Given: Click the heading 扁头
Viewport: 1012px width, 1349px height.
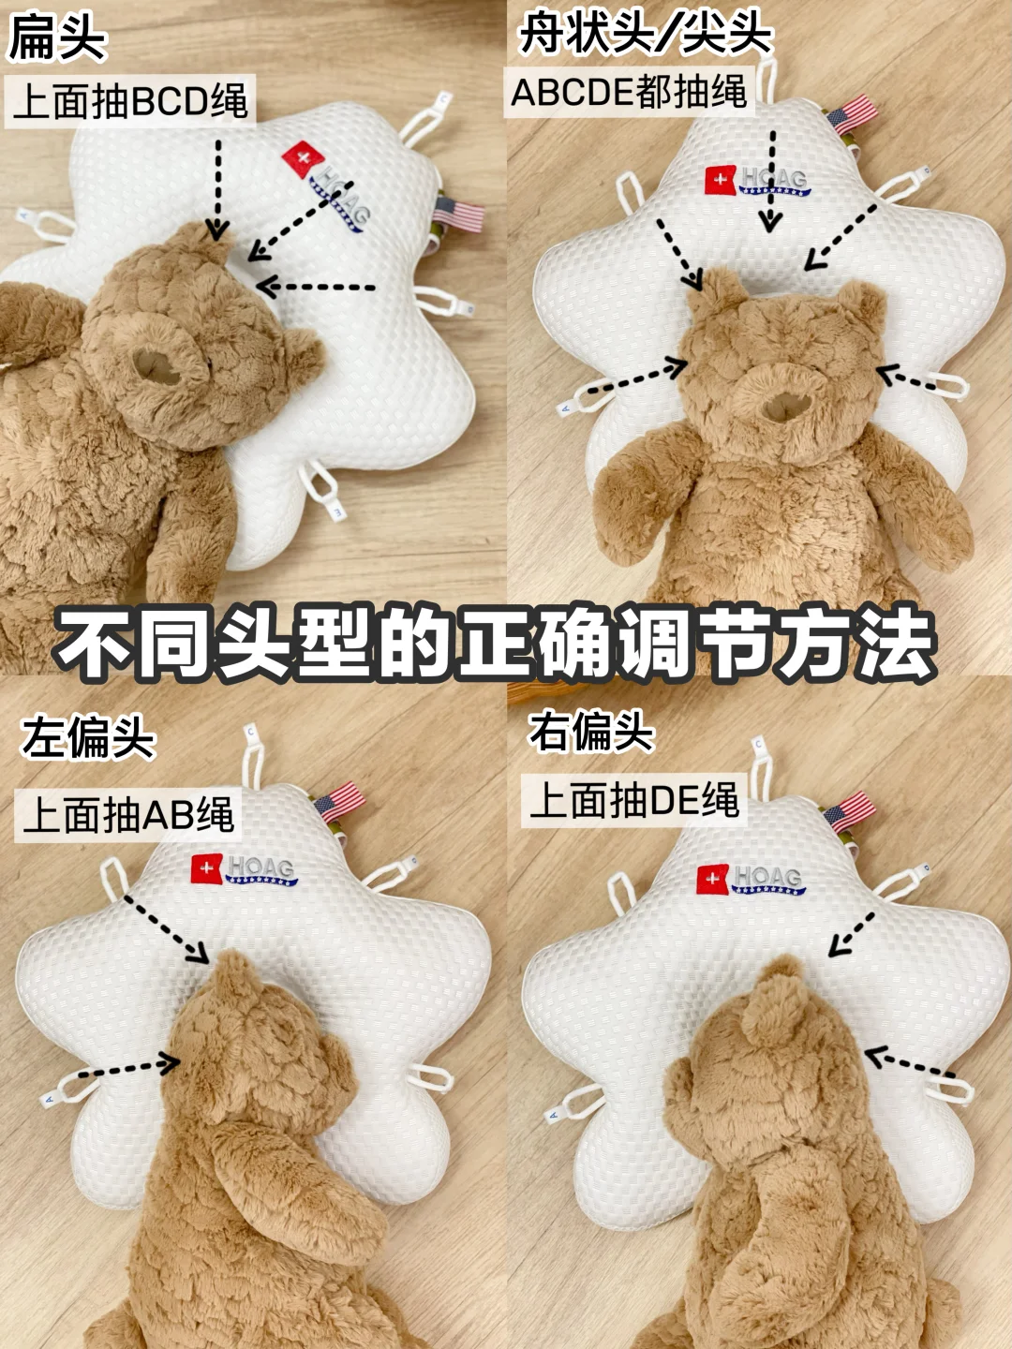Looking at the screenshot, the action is tap(57, 39).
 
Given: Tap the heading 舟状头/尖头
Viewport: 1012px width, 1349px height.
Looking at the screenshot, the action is tap(645, 34).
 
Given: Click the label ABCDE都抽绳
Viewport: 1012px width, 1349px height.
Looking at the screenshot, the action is tap(629, 92).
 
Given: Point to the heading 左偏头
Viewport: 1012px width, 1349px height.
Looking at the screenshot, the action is tap(87, 738).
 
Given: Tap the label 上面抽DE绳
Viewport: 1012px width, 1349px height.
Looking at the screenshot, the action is tap(633, 800).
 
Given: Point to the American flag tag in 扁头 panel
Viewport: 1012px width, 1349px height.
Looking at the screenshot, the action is tap(459, 215).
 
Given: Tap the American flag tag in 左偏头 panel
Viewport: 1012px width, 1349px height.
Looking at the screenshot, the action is tap(340, 800).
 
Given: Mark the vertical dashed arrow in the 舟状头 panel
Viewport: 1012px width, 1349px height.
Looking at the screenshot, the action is tap(770, 182).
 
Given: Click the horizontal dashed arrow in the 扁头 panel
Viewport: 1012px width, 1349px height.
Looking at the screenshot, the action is tap(316, 287).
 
